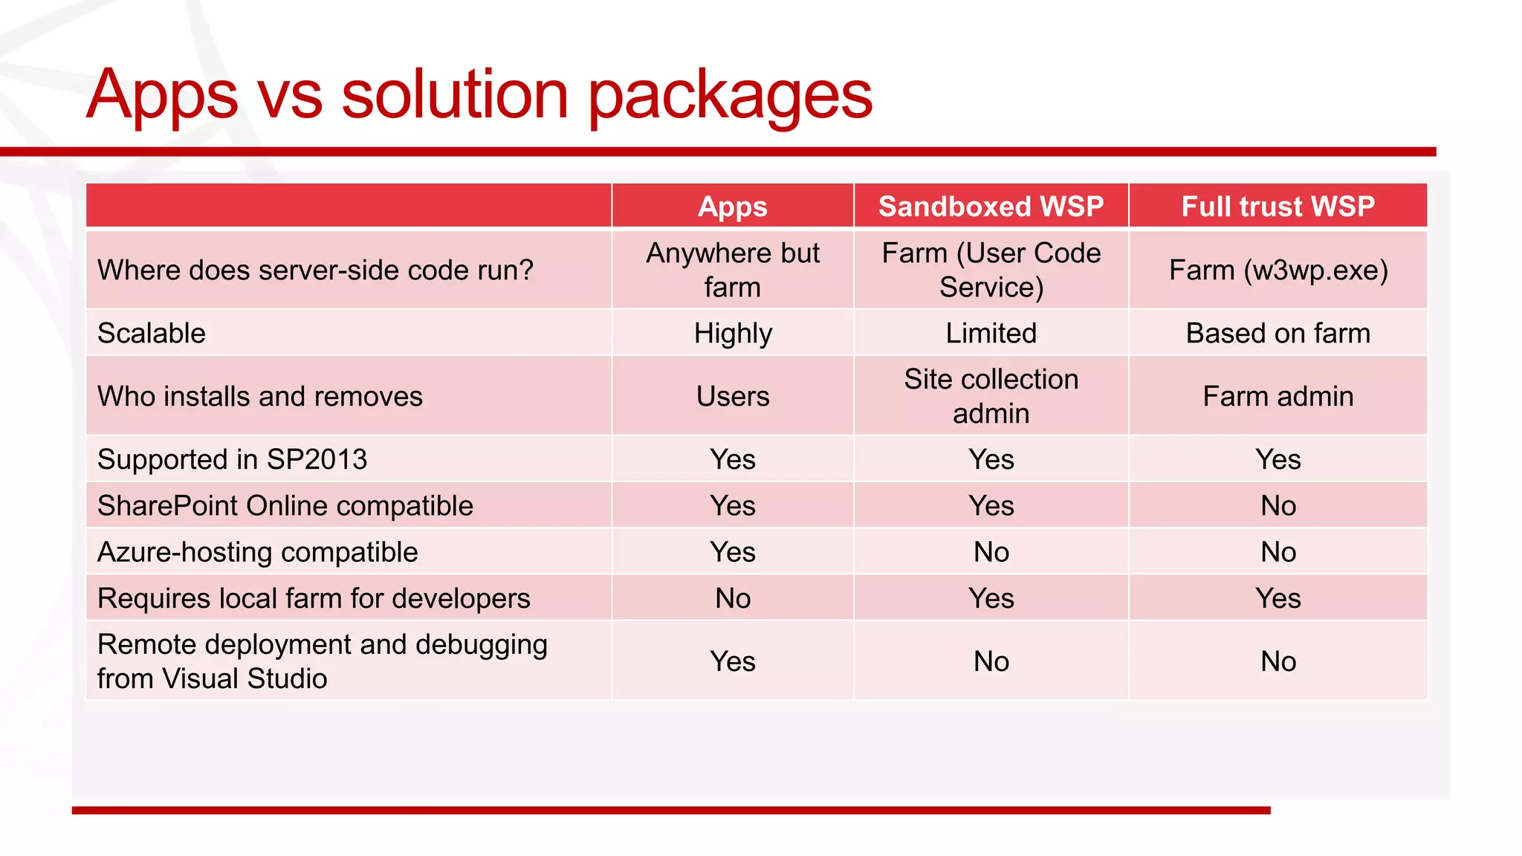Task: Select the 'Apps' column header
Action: tap(732, 206)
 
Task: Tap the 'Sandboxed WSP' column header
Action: tap(991, 206)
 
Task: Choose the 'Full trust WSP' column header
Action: tap(1277, 206)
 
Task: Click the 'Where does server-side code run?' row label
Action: tap(315, 270)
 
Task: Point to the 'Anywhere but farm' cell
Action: tap(732, 270)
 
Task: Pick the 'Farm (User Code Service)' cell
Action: tap(991, 270)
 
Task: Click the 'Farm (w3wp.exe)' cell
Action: tap(1277, 270)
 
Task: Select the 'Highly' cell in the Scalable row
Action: tap(732, 333)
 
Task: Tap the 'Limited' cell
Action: tap(991, 333)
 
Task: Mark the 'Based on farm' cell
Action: tap(1277, 333)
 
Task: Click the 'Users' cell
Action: tap(732, 396)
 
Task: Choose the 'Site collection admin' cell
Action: tap(991, 396)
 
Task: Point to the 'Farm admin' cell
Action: tap(1277, 396)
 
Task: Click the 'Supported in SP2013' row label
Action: tap(232, 459)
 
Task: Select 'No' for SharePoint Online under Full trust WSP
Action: tap(1277, 506)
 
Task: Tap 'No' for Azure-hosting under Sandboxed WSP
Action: tap(991, 552)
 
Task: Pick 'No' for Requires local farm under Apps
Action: tap(732, 598)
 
